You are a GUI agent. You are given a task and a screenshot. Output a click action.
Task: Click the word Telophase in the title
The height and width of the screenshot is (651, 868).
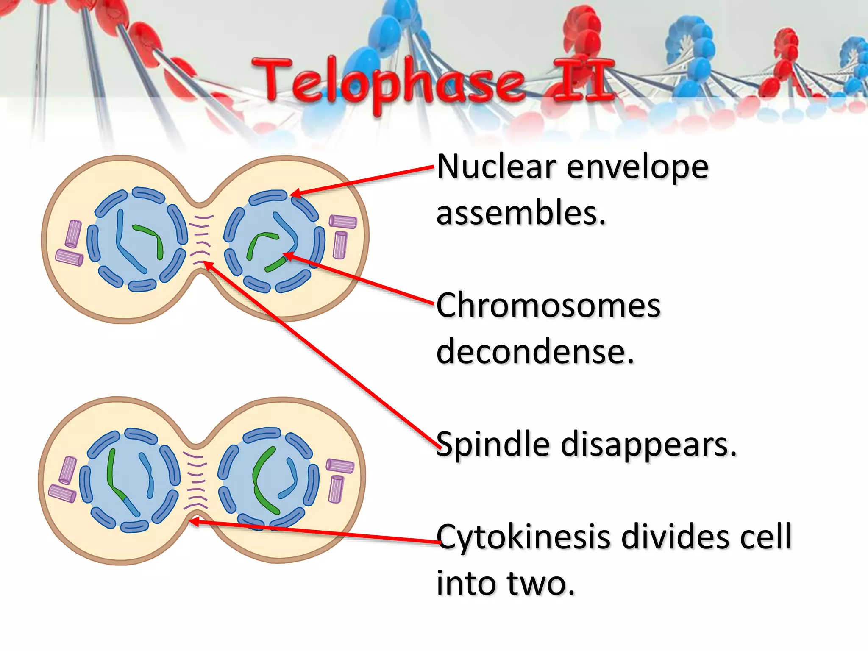click(x=388, y=83)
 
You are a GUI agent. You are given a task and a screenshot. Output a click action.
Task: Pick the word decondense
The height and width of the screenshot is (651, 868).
click(x=535, y=351)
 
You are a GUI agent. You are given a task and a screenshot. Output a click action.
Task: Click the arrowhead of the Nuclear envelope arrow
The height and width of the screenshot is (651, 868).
click(x=295, y=194)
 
